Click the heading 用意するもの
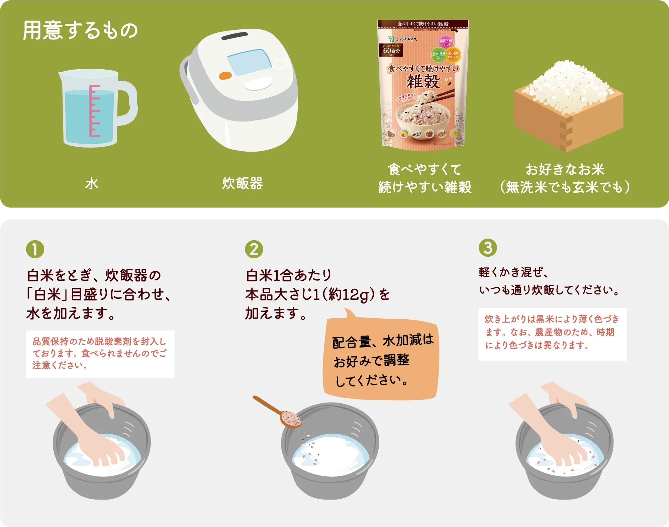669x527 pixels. click(80, 30)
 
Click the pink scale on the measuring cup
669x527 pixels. click(94, 111)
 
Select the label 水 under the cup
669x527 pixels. click(92, 184)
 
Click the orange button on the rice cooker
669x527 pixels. click(225, 76)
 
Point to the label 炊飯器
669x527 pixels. click(243, 184)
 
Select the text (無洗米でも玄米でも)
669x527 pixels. click(565, 187)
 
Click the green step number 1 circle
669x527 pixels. click(35, 249)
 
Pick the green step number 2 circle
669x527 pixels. click(254, 249)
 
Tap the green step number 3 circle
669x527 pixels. click(488, 248)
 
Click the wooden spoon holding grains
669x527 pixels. click(281, 414)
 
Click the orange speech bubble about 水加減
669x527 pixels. click(381, 360)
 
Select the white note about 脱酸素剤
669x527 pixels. click(100, 354)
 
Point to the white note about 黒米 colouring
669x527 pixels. click(552, 334)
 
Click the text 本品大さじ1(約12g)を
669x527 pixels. click(317, 294)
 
